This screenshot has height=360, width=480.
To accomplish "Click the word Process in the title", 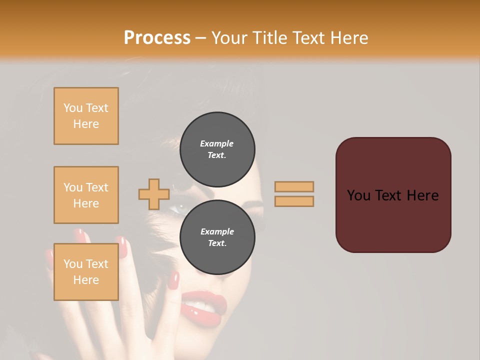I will coord(157,38).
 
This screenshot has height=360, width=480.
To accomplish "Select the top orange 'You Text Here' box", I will coord(86,116).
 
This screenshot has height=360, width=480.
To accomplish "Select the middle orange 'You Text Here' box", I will coord(86,195).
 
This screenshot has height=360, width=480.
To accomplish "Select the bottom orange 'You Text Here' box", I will coord(86,272).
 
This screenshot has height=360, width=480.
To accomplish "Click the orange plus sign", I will coord(154,194).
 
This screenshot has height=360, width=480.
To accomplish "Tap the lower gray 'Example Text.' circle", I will coord(217,237).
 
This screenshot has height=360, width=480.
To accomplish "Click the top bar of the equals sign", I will coord(294,186).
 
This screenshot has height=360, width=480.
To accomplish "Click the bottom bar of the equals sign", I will coord(294,201).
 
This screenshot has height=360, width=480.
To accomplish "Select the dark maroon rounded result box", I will coord(393,195).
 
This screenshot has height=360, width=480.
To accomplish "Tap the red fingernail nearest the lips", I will coord(173,280).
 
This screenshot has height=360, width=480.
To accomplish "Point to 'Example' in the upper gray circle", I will coord(217,143).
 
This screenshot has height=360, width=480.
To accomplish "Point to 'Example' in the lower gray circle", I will coord(217,231).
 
